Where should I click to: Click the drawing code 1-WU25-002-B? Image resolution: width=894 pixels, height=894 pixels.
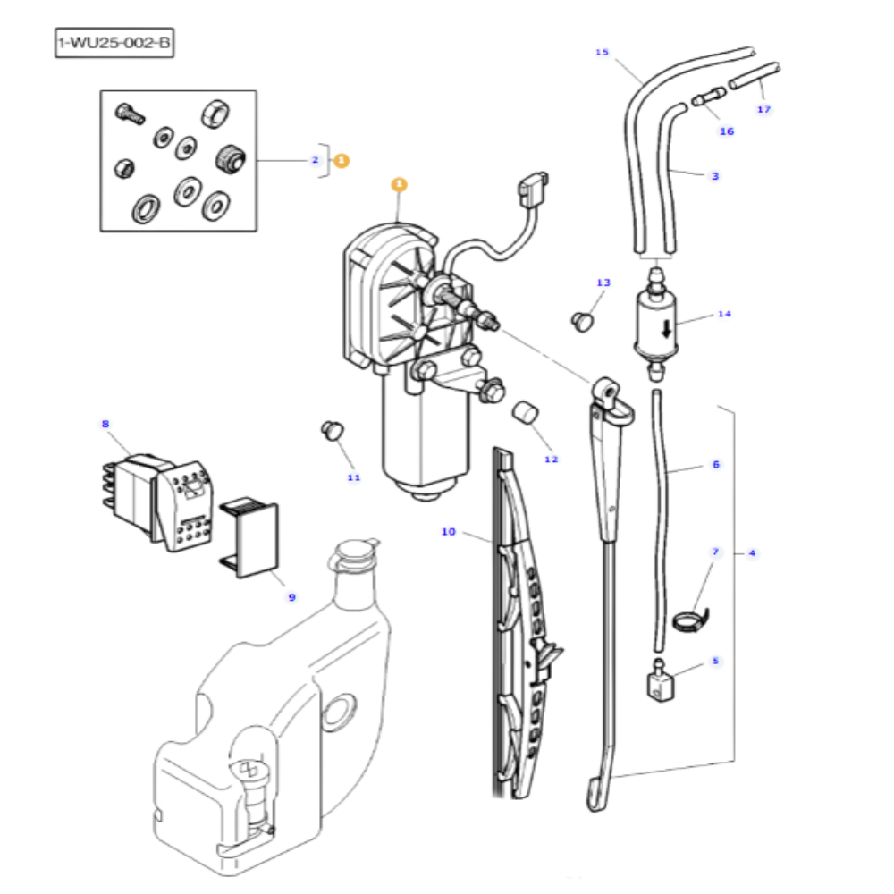[114, 43]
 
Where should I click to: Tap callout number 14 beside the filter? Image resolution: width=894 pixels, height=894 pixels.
[723, 314]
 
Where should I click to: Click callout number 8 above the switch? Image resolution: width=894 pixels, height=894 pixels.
[105, 424]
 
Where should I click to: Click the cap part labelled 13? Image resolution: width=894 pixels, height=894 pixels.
[582, 319]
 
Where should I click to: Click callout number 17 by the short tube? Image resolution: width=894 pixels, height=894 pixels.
[763, 109]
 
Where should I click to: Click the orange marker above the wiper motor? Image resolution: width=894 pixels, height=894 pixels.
[399, 185]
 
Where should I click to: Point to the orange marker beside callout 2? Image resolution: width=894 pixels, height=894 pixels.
[342, 161]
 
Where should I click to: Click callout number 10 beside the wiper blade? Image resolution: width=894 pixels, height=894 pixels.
[448, 532]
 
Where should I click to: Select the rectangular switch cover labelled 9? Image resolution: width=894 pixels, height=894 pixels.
[253, 539]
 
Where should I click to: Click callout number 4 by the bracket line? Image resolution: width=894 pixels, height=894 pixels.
[752, 553]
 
